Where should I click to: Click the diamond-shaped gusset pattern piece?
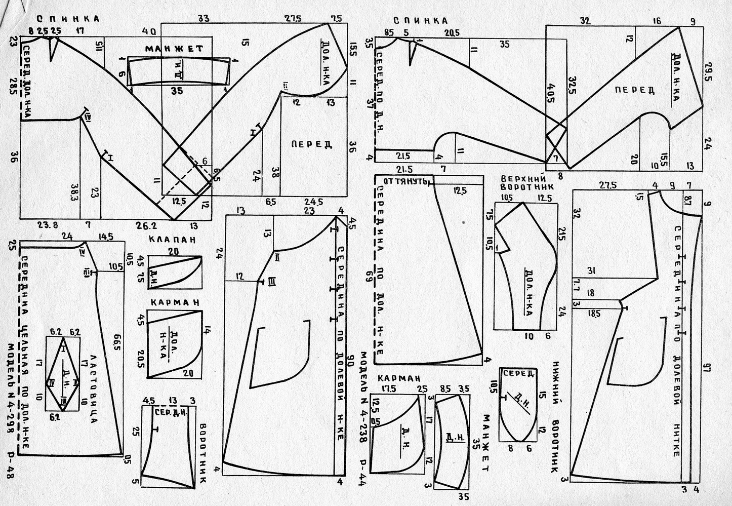click(63, 374)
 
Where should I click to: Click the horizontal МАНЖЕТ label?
click(174, 49)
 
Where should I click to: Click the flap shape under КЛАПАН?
click(174, 273)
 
